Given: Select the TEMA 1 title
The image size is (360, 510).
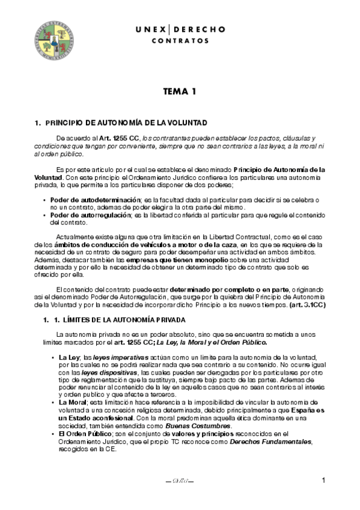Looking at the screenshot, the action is (180, 93).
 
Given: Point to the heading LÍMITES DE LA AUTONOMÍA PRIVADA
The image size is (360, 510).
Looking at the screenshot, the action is (120, 319).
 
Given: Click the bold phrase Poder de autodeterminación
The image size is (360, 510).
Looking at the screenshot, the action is (94, 199).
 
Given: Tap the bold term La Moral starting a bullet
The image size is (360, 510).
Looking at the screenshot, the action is (72, 402).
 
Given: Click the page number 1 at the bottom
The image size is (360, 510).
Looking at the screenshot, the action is (323, 480).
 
